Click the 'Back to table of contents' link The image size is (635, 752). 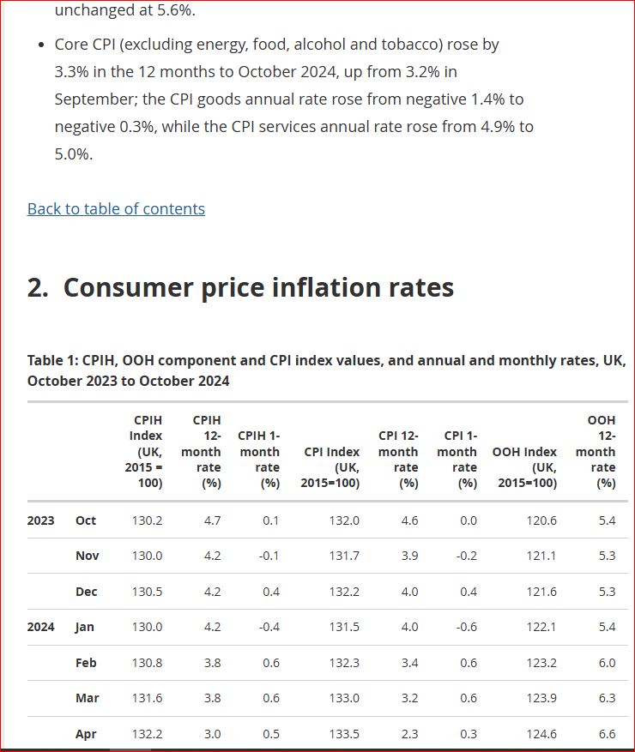pos(116,208)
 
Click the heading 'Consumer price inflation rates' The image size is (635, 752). pos(258,287)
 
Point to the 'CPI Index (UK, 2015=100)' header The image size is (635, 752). pos(332,466)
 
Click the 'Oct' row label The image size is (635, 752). pos(86,520)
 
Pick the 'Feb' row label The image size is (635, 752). pos(86,663)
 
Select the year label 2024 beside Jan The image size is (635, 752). pos(41,627)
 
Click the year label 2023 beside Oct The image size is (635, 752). pos(41,520)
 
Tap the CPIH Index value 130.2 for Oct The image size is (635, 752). pos(147,520)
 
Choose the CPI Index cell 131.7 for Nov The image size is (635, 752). pos(344,556)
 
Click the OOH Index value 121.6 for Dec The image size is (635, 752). pos(541,592)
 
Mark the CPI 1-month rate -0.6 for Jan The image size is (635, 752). pos(464,627)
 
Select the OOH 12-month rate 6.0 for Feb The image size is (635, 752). pos(607,663)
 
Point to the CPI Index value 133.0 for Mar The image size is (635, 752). pos(344,698)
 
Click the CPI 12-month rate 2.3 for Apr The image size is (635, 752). pos(409,734)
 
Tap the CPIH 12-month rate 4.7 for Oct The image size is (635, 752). pos(211,520)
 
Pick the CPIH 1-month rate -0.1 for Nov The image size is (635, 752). pos(269,556)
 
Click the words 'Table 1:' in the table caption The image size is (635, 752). pos(52,361)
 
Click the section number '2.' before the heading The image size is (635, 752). pos(38,287)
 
